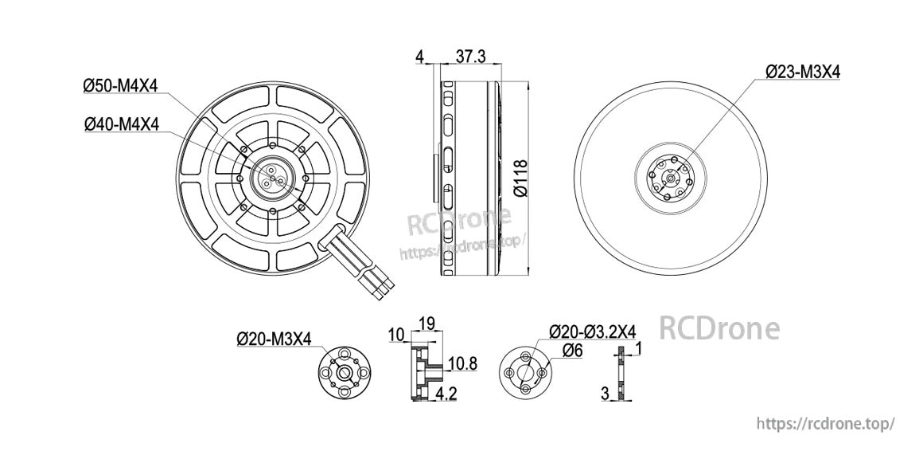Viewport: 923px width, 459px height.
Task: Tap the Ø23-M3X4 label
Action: [803, 72]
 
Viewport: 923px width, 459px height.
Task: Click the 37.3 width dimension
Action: [470, 56]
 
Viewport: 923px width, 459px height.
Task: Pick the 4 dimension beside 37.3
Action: [419, 56]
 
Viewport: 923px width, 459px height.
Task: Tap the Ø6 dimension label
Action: [572, 350]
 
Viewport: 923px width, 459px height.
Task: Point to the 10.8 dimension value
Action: [461, 364]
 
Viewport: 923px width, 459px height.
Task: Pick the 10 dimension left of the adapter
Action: [395, 336]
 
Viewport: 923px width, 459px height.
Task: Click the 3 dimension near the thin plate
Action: [605, 393]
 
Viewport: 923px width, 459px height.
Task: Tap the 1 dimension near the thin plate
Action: [640, 348]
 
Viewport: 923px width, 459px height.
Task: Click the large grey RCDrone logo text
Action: [720, 328]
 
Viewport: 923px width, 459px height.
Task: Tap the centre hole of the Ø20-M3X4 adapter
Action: [344, 371]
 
